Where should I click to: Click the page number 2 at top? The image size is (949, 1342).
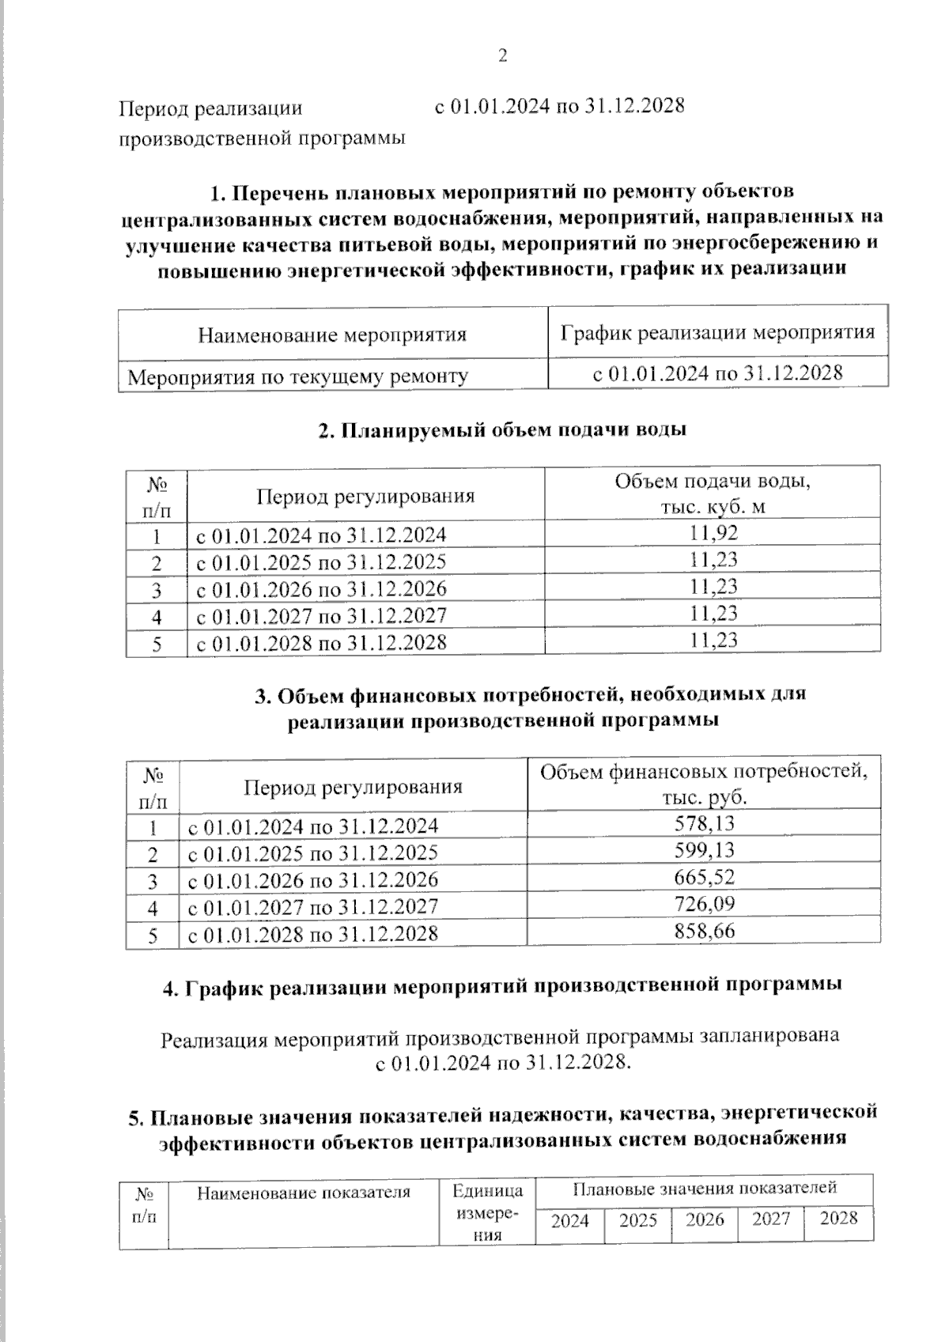502,55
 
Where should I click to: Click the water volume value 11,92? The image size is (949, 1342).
713,533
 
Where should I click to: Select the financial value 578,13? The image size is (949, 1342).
704,824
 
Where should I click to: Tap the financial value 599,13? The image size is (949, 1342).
704,851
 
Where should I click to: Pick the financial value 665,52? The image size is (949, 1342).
704,878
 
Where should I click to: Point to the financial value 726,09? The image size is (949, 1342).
704,904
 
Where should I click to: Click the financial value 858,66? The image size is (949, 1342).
704,931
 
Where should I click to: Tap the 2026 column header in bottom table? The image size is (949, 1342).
705,1220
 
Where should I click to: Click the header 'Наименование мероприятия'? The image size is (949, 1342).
332,335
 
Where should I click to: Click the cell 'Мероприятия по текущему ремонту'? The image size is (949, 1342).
298,376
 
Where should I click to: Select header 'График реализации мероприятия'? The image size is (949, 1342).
717,332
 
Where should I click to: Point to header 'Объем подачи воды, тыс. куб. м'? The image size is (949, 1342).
713,493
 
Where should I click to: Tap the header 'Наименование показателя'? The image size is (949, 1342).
304,1193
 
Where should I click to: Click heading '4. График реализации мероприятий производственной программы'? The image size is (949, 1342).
502,986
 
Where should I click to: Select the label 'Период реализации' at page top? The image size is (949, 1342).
210,109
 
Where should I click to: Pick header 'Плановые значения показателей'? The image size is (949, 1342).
705,1189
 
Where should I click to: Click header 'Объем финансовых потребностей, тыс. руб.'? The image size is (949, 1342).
704,783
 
